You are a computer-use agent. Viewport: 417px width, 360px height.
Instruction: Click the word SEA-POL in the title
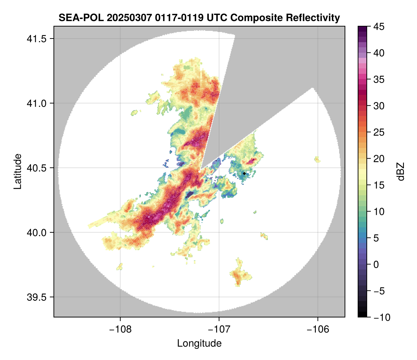(75, 17)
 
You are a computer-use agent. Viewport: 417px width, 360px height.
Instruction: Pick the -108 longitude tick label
(120, 329)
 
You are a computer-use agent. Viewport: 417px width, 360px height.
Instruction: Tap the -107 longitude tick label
(219, 329)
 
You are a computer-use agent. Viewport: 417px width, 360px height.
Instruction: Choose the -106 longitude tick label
(318, 329)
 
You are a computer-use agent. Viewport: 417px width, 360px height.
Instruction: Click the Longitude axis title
(199, 343)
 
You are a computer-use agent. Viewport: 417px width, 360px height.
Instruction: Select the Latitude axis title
(17, 171)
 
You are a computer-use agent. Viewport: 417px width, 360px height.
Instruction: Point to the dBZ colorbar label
(401, 171)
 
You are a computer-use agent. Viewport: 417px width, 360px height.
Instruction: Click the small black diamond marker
(244, 173)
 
